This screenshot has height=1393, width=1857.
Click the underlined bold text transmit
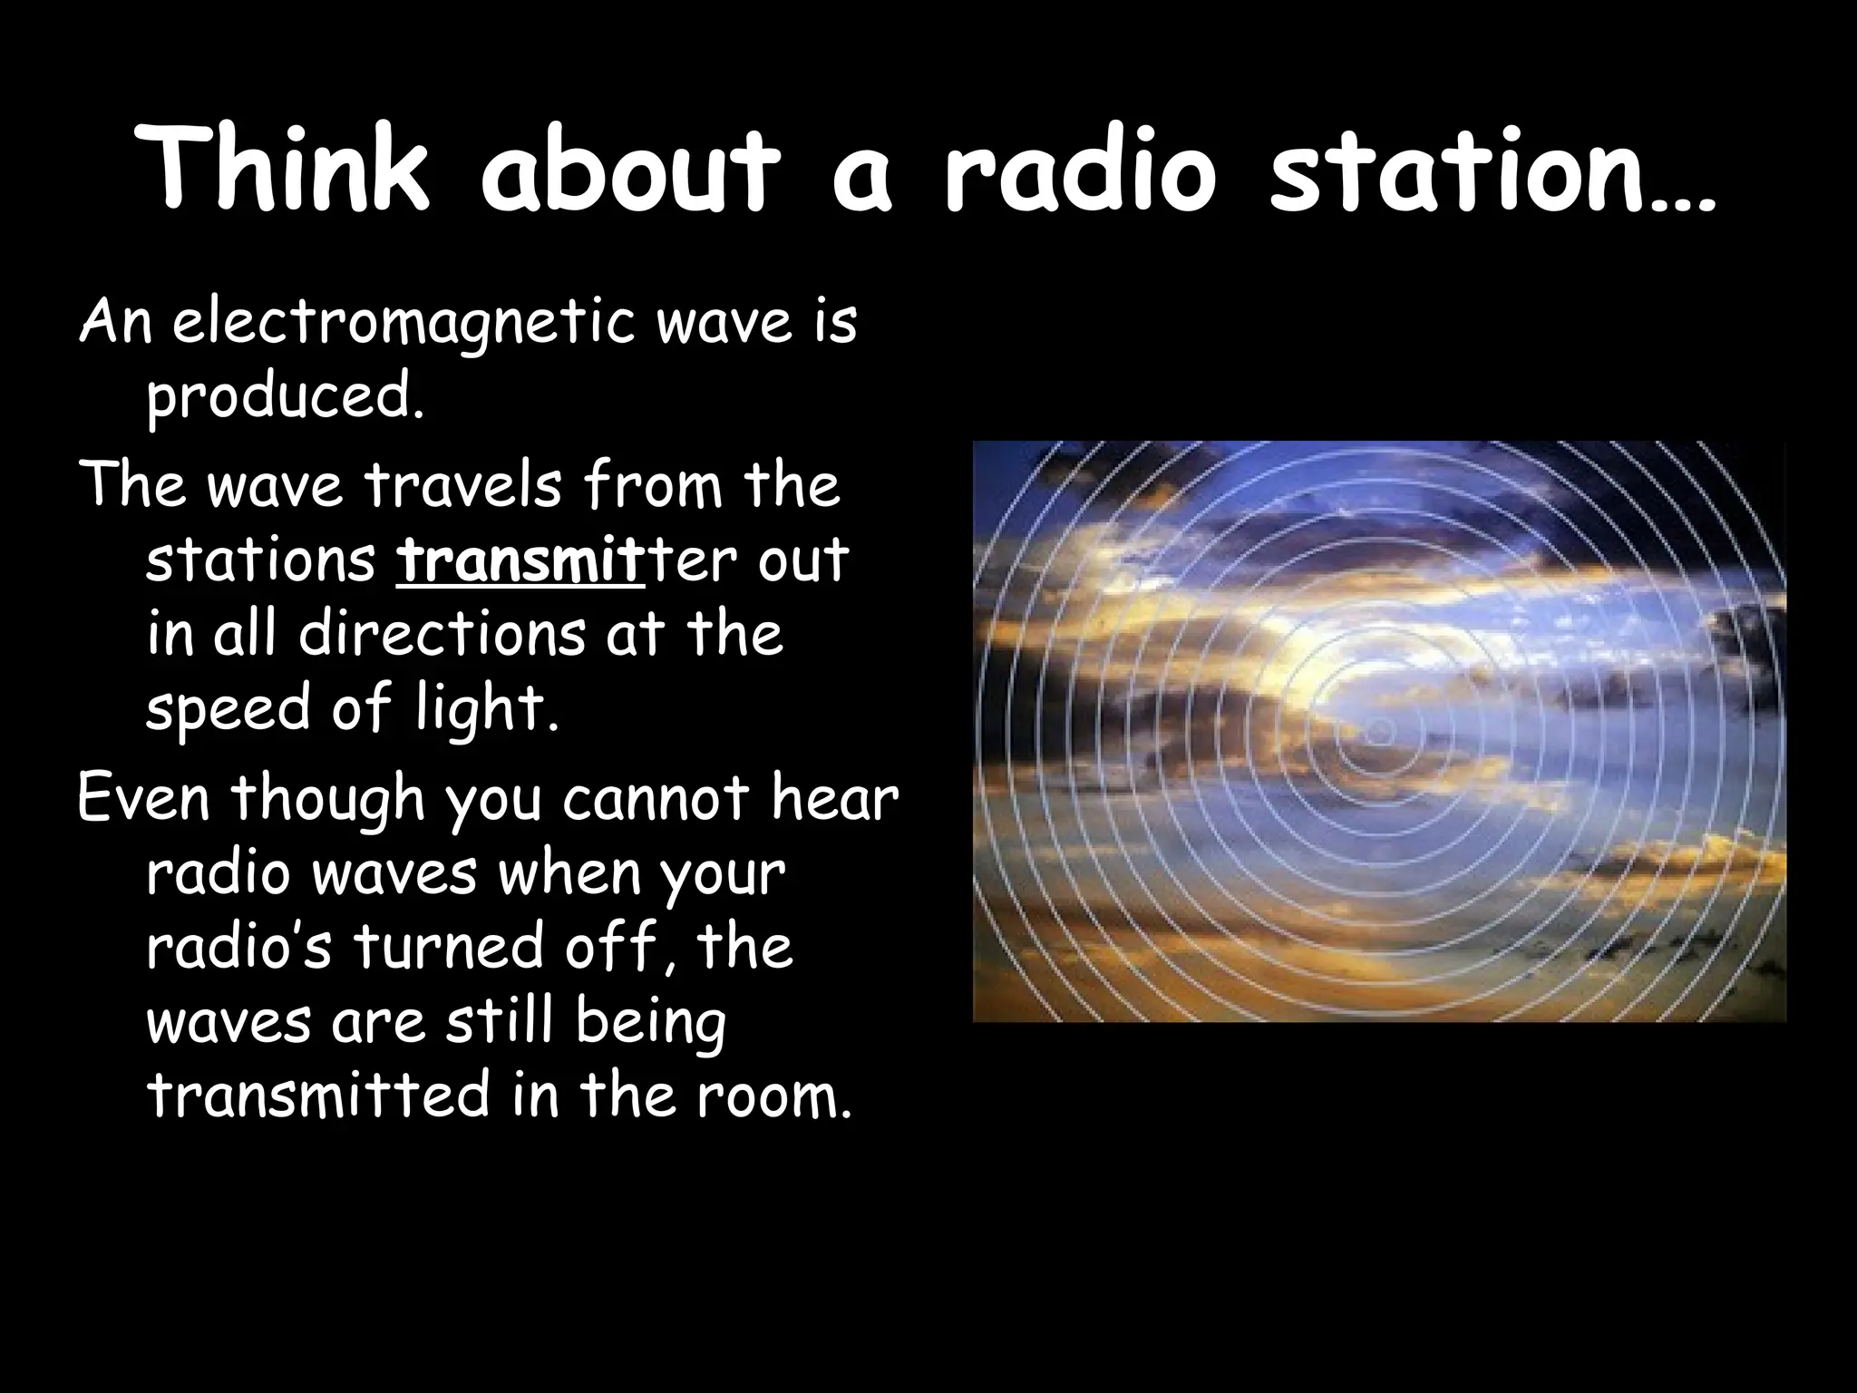click(x=520, y=560)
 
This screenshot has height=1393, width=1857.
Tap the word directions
click(x=442, y=634)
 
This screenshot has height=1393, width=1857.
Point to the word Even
click(x=145, y=798)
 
